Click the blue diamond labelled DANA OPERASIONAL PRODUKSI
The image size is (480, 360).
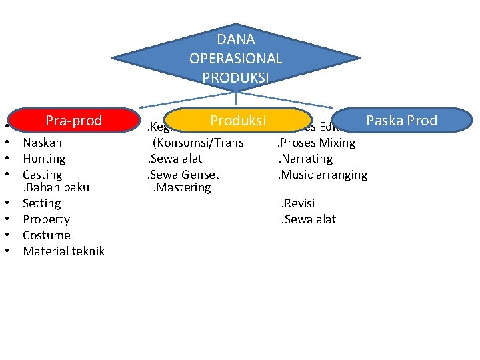point(236,59)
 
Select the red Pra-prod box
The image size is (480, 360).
point(73,121)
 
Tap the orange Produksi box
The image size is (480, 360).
point(238,121)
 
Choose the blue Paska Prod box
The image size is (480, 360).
point(401,121)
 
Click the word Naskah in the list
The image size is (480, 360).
point(42,143)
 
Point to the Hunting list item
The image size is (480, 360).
point(44,159)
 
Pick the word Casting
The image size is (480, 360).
point(42,175)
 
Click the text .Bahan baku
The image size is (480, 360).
point(56,187)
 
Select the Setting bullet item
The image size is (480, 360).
point(41,203)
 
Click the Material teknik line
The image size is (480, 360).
point(63,251)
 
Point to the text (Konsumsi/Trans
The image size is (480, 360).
point(198,143)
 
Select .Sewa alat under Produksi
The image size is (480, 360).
point(175,159)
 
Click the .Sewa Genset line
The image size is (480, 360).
point(183,175)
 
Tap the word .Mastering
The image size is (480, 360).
point(182,187)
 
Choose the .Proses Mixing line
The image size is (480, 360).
point(317,143)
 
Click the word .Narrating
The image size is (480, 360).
point(305,159)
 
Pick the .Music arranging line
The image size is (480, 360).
point(323,175)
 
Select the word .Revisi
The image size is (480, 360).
point(298,203)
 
